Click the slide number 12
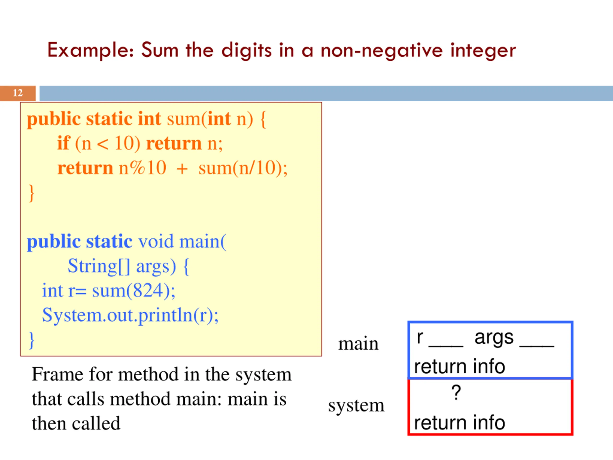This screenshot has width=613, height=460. pos(18,93)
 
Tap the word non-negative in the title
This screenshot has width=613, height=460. pos(382,51)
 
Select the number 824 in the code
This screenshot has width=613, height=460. pos(148,291)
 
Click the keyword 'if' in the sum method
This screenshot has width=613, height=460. pos(63,143)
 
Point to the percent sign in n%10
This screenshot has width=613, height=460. pos(138,168)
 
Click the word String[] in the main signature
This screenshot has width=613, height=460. pos(99,266)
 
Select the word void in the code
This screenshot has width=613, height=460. pos(156,241)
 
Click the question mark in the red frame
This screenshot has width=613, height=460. pos(456,392)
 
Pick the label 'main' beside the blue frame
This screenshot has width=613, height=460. pos(358,344)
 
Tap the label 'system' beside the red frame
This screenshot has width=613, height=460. pos(356,405)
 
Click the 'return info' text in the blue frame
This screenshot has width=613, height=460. pos(460,367)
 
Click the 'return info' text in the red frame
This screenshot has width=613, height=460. pos(460,423)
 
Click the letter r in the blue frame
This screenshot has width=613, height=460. pos(420,337)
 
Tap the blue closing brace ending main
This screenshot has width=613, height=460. pos(32,340)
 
